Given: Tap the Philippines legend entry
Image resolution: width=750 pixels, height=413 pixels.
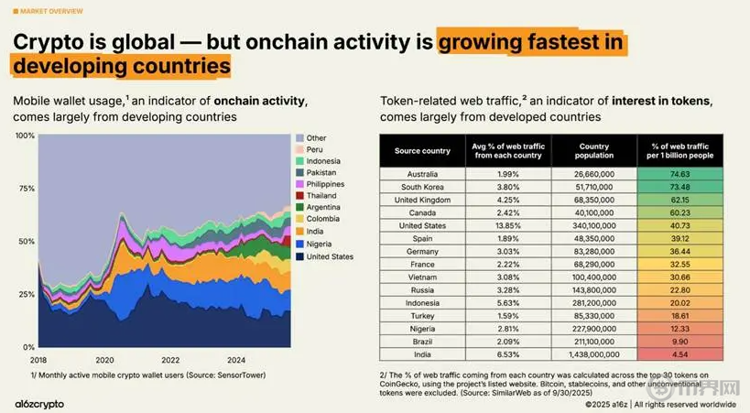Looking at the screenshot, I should point(327,184).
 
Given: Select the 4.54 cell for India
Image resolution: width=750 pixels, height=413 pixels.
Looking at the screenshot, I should point(679,353).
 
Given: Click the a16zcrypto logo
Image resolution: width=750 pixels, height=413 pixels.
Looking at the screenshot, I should point(43,401).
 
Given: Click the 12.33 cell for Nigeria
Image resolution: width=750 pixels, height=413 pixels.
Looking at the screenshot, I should point(679,328).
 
